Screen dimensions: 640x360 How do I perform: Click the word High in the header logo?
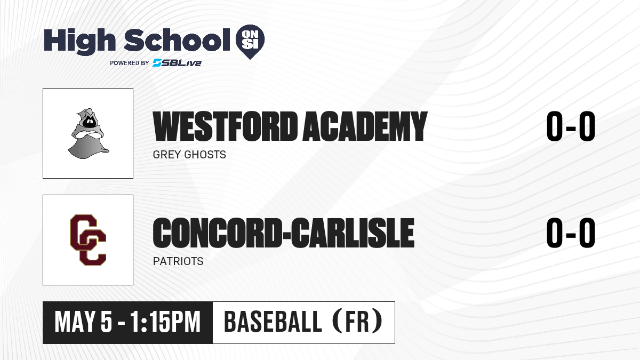tap(79, 42)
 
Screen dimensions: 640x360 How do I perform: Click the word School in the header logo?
tap(177, 39)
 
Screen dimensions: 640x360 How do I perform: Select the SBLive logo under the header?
tap(177, 62)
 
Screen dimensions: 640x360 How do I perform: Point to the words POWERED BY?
tap(130, 63)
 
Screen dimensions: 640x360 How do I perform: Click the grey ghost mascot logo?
tap(89, 133)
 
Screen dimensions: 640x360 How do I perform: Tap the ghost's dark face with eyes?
tap(90, 122)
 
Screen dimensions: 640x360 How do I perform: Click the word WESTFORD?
tap(225, 126)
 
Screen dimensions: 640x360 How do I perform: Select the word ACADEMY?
tap(365, 126)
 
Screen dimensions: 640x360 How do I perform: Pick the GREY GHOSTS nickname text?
tap(189, 155)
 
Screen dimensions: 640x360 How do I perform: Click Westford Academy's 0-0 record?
tap(571, 126)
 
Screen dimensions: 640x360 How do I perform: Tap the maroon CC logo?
tap(88, 240)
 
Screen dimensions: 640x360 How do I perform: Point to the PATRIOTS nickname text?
tap(178, 261)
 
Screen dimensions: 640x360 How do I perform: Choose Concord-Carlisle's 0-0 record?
tap(571, 233)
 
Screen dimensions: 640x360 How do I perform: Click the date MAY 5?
tap(83, 322)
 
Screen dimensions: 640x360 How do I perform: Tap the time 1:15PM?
tap(165, 322)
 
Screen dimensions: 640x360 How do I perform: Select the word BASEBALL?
tap(274, 322)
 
